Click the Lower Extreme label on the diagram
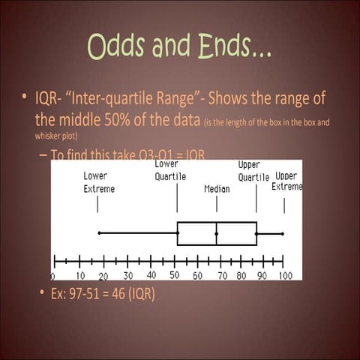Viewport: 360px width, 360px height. coord(98,183)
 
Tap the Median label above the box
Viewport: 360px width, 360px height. coord(217,189)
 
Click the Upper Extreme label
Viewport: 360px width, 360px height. coord(287,181)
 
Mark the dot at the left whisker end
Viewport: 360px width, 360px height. coord(99,233)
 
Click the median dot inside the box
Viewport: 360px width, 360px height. coord(217,234)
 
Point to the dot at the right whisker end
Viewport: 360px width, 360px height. coord(283,234)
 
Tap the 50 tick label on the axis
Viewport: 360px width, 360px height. coord(174,275)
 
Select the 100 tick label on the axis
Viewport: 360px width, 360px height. coord(285,276)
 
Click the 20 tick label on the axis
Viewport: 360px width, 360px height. coord(103,276)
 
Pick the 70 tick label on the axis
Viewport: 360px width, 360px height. coord(222,276)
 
